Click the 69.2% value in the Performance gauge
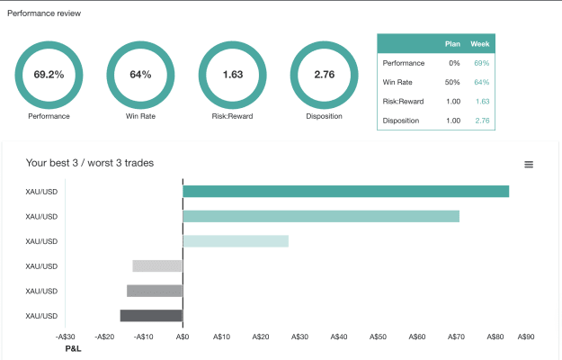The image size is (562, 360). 49,75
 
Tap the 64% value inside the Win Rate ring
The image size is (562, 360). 140,75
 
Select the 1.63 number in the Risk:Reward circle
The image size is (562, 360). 233,75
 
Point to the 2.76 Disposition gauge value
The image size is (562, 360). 325,75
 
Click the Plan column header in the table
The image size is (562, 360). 452,44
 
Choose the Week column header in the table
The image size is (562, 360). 480,44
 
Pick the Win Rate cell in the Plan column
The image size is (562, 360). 452,82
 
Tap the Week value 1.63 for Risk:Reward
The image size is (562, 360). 483,102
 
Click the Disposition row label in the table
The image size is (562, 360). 401,121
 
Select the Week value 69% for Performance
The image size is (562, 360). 482,63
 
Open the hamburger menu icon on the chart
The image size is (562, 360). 529,164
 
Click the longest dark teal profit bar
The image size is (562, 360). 346,192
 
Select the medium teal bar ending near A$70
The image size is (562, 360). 321,216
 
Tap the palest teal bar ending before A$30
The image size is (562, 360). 236,241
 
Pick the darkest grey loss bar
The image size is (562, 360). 151,316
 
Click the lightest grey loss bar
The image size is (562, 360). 157,266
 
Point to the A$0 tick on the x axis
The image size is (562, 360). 183,337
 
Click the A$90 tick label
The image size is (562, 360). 526,337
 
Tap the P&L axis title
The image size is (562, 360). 73,348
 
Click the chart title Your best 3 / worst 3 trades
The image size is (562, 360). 90,163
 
